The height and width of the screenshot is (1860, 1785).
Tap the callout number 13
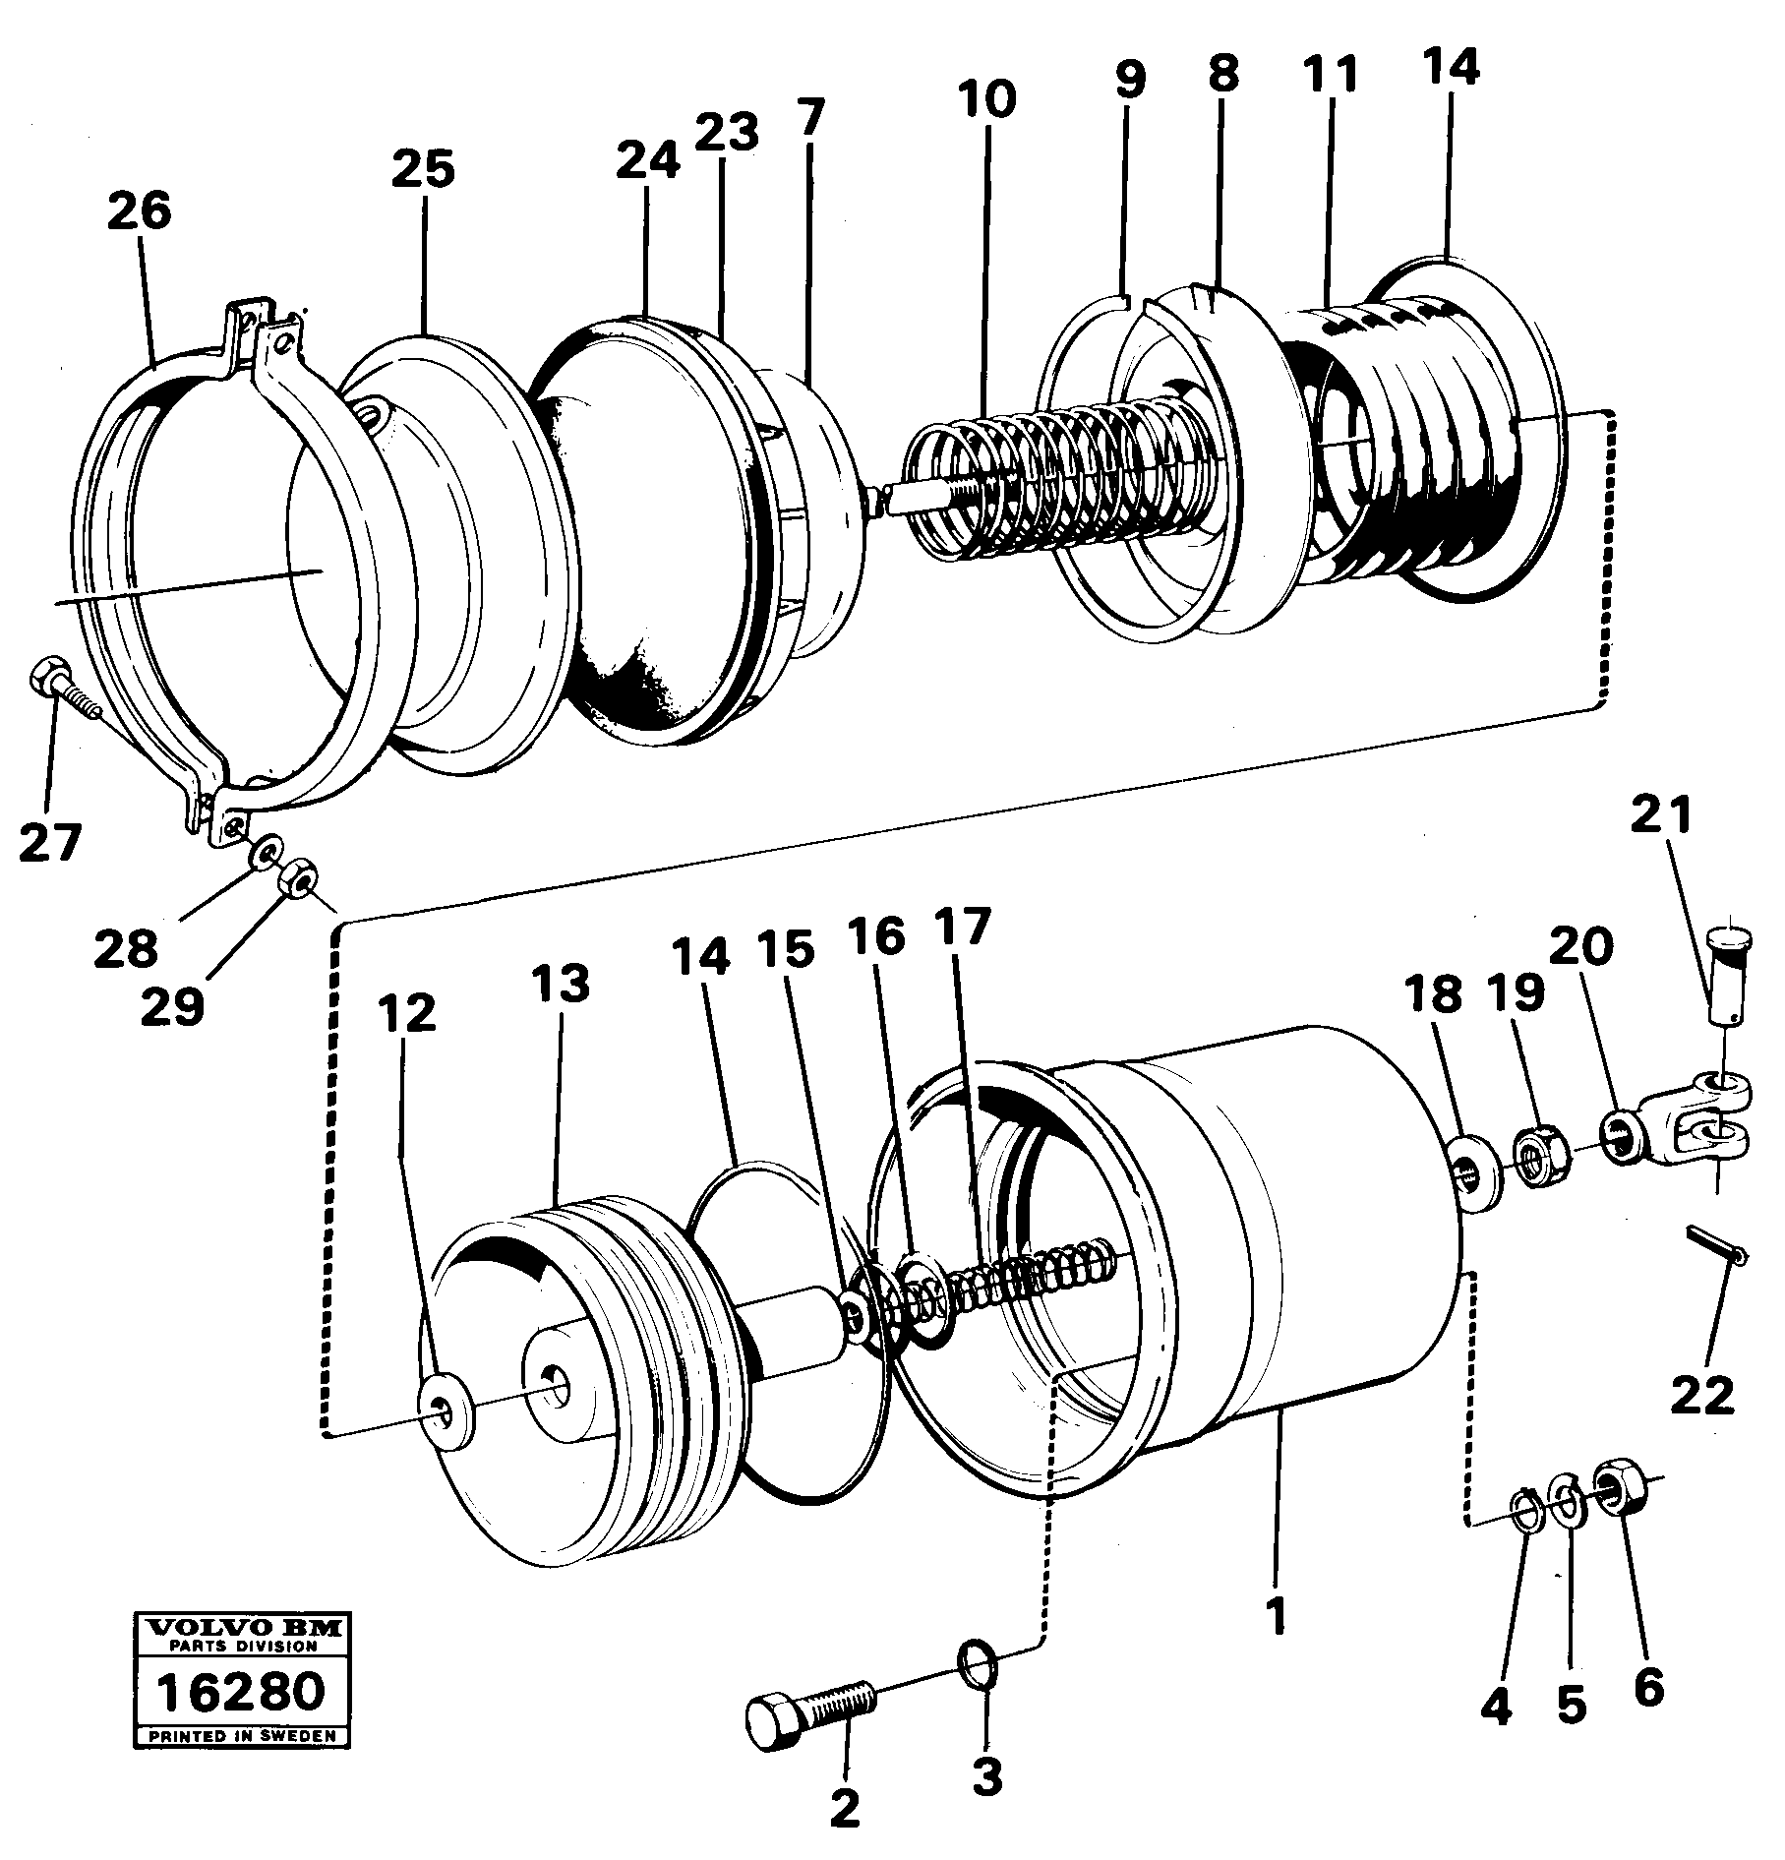[562, 984]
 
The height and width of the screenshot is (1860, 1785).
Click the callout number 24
[649, 161]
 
